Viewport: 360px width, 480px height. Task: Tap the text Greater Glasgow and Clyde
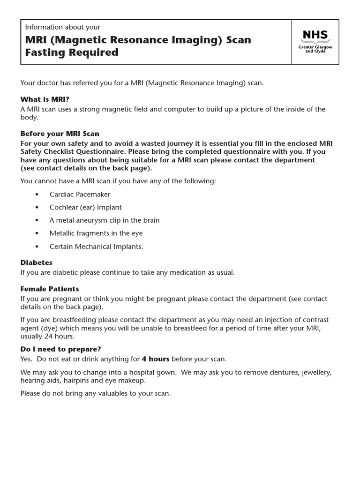[315, 49]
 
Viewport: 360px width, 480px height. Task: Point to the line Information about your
[62, 28]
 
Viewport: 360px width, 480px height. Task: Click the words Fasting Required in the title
[72, 52]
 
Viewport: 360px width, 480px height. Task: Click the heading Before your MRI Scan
[60, 134]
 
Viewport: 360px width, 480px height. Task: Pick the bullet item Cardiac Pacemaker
[80, 194]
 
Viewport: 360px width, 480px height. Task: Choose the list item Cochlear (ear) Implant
[85, 207]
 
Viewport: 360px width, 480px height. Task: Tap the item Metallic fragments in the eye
[96, 233]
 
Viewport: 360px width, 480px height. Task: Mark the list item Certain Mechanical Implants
[96, 246]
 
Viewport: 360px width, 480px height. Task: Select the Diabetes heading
[36, 262]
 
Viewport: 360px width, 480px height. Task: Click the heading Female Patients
[50, 289]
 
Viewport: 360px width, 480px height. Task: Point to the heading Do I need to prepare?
[60, 349]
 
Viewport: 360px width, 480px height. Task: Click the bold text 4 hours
[155, 359]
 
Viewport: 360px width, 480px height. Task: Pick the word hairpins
[77, 381]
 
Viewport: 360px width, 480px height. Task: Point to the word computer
[179, 109]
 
